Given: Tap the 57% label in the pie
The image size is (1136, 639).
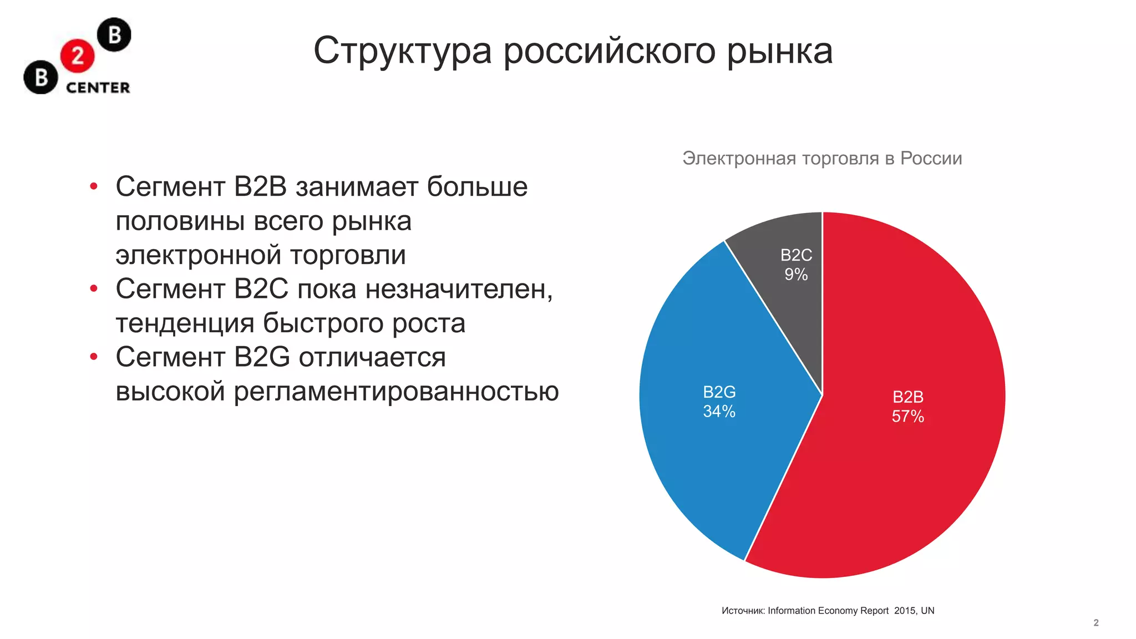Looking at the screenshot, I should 908,417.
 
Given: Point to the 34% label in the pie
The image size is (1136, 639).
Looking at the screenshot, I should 719,412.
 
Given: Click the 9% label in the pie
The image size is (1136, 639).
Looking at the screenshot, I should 796,275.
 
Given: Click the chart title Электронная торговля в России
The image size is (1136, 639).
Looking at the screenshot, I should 822,159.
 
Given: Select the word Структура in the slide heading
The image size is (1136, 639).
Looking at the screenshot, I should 403,52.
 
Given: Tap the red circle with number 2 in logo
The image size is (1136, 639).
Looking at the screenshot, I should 78,56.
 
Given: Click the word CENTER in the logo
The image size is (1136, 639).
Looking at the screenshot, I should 98,88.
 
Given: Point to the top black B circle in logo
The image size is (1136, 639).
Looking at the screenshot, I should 114,35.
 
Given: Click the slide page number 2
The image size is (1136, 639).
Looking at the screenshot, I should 1096,623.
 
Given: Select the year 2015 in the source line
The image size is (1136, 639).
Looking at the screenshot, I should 905,611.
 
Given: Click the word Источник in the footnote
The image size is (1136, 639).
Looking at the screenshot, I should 743,611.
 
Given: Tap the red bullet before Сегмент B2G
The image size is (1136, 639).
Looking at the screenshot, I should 94,357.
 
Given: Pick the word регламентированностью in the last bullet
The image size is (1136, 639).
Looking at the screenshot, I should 396,392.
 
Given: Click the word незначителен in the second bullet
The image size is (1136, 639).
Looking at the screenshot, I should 459,289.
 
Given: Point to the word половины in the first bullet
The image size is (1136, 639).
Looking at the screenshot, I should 180,222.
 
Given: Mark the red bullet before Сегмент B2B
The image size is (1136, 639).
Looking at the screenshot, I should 94,186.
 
